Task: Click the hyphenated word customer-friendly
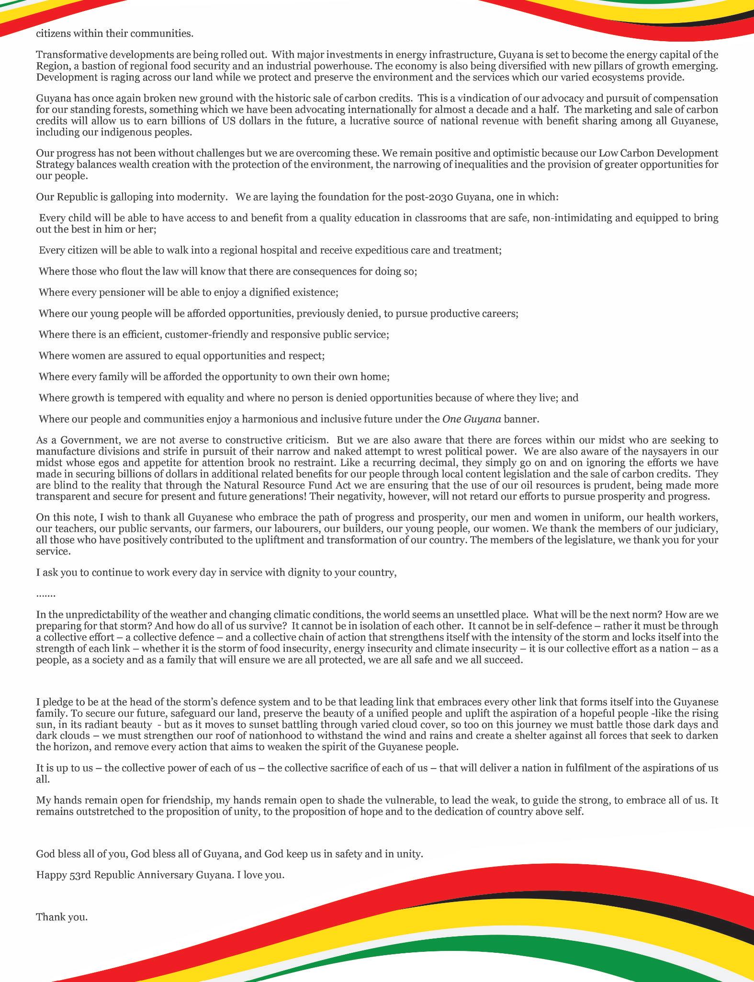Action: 206,335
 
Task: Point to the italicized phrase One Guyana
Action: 472,419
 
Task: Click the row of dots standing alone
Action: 45,594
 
